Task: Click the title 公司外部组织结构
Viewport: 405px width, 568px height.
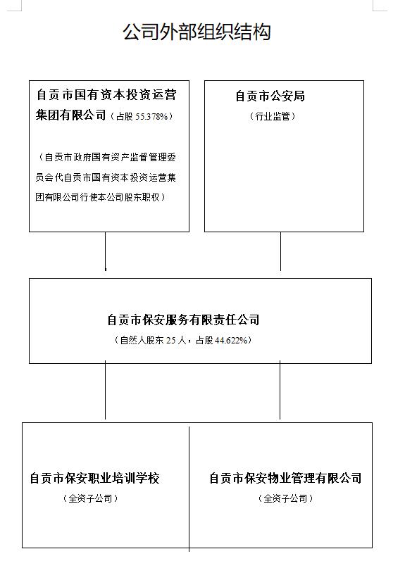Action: (197, 32)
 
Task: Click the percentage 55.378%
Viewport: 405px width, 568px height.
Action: (151, 116)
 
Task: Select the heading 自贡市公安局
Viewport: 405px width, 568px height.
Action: (270, 96)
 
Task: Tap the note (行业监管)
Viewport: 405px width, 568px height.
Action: (273, 116)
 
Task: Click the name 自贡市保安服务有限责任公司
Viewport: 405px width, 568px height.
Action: (183, 320)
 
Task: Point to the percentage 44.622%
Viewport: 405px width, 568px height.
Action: (231, 340)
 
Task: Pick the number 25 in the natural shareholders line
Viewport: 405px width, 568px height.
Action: (170, 340)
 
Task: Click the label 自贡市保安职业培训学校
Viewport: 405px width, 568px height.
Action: (94, 478)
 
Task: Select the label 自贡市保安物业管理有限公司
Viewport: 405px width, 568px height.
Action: (285, 478)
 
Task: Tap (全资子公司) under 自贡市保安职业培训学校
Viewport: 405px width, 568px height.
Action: (91, 498)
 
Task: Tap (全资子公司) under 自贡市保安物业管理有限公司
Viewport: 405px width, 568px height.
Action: (285, 498)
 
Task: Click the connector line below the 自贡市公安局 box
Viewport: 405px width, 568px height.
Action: (280, 251)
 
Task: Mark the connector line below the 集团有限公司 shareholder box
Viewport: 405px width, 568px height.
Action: (106, 251)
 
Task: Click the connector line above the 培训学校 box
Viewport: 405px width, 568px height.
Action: (106, 390)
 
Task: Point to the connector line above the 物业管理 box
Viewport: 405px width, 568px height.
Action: (280, 390)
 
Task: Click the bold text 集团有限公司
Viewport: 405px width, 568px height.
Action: (70, 115)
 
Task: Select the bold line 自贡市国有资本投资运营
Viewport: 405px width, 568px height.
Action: (106, 95)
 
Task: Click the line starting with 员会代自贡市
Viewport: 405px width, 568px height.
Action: (106, 177)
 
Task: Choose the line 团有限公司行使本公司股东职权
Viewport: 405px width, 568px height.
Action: (101, 197)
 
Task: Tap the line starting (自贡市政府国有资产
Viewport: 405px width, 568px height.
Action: (106, 158)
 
